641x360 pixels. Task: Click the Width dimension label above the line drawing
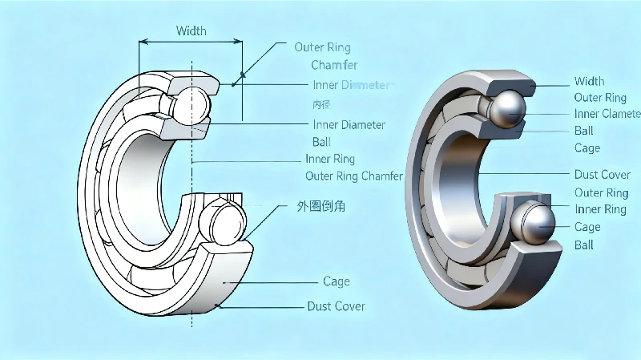click(191, 31)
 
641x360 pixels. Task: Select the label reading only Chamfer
click(334, 65)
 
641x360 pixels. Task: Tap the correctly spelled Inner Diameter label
click(349, 124)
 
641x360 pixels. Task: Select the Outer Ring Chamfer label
click(354, 176)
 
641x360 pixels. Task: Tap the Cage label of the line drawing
click(336, 281)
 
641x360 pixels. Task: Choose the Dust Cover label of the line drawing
click(336, 306)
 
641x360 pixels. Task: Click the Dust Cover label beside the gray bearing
click(602, 174)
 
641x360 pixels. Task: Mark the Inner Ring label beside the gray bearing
click(600, 209)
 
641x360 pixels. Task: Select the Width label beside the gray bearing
click(589, 81)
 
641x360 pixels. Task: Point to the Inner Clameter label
click(607, 114)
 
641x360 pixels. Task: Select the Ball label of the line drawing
click(321, 142)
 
